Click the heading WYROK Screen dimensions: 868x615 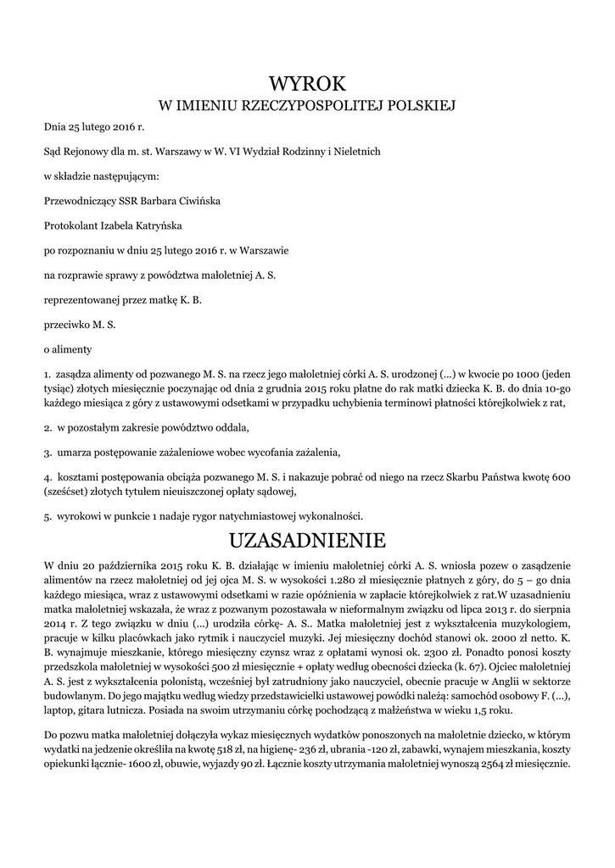coord(308,82)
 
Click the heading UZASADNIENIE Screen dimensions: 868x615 coord(308,541)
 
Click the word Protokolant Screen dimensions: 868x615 coord(72,225)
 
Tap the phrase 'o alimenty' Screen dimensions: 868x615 coord(68,348)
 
